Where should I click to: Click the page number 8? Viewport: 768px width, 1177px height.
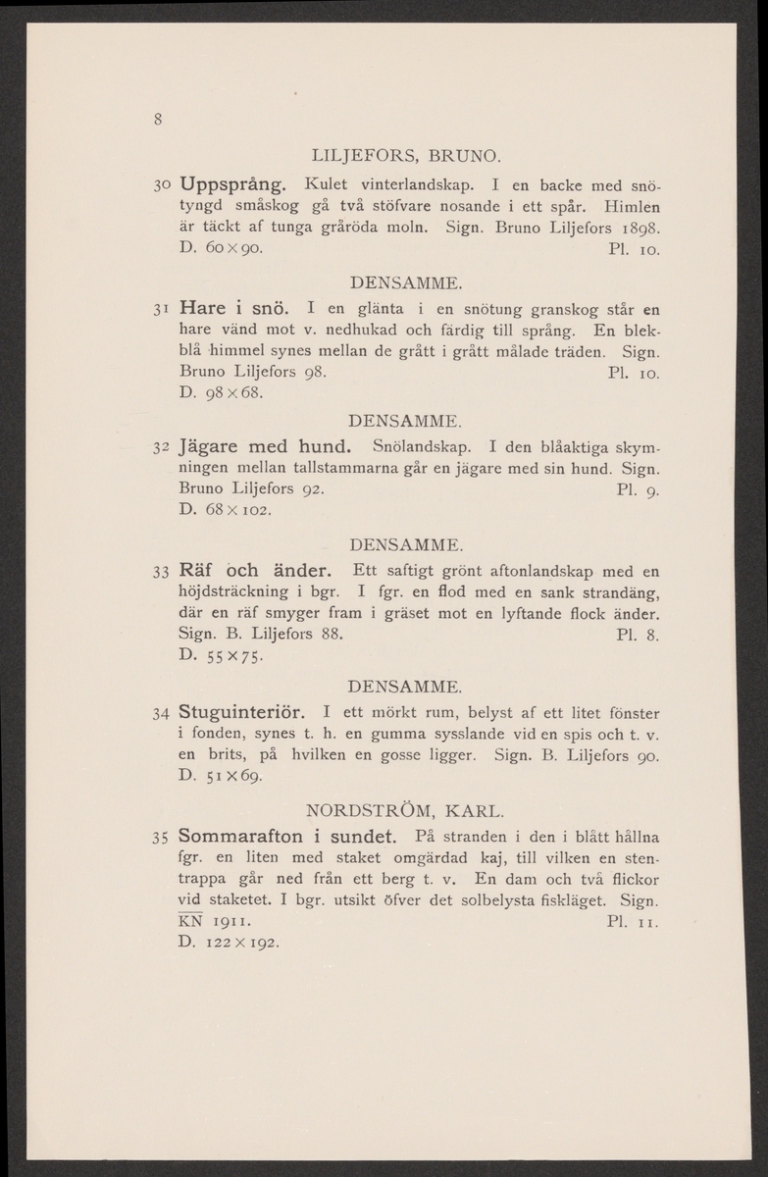[157, 122]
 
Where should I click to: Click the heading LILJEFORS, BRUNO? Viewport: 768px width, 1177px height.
[406, 155]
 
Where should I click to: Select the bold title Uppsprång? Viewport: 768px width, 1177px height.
[232, 183]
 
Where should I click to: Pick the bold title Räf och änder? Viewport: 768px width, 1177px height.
[258, 570]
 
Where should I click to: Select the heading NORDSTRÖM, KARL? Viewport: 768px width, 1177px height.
[406, 810]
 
